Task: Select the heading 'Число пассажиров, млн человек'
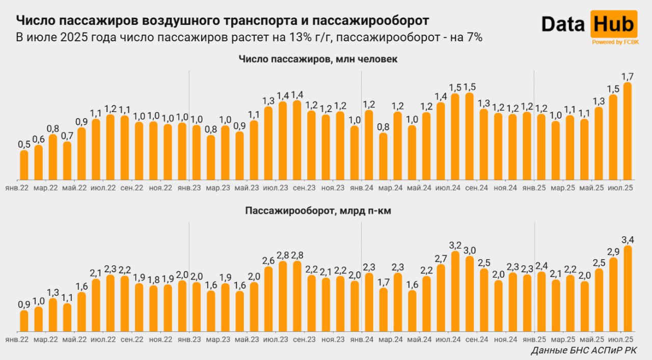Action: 318,60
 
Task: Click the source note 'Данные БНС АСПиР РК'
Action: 583,350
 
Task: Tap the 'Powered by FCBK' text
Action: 613,42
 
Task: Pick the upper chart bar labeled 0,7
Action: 67,160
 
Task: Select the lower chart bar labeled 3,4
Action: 628,288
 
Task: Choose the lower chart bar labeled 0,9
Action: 24,320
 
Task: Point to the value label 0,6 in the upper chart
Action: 38,139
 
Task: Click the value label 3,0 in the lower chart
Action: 470,250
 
